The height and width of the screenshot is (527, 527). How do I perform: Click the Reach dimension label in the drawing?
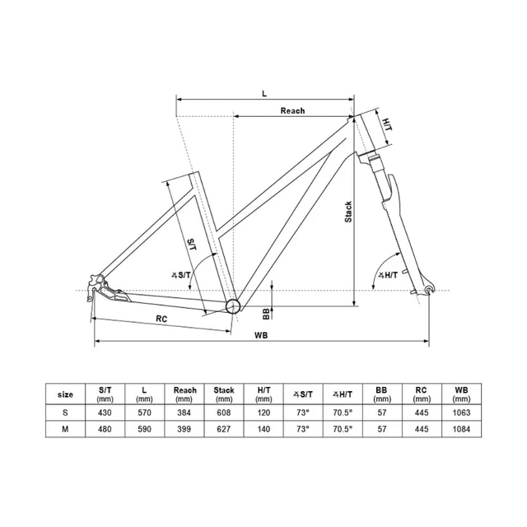[291, 110]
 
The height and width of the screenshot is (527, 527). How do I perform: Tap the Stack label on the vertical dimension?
[348, 212]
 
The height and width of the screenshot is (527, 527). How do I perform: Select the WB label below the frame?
[261, 334]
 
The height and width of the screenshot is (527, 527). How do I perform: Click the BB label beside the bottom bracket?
[265, 313]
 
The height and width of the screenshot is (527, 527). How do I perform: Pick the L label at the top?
[263, 93]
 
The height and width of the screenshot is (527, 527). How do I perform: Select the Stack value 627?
[223, 429]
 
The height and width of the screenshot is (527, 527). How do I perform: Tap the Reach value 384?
[184, 411]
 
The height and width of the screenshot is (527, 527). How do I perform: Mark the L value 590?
[144, 429]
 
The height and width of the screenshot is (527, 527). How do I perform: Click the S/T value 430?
[105, 411]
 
